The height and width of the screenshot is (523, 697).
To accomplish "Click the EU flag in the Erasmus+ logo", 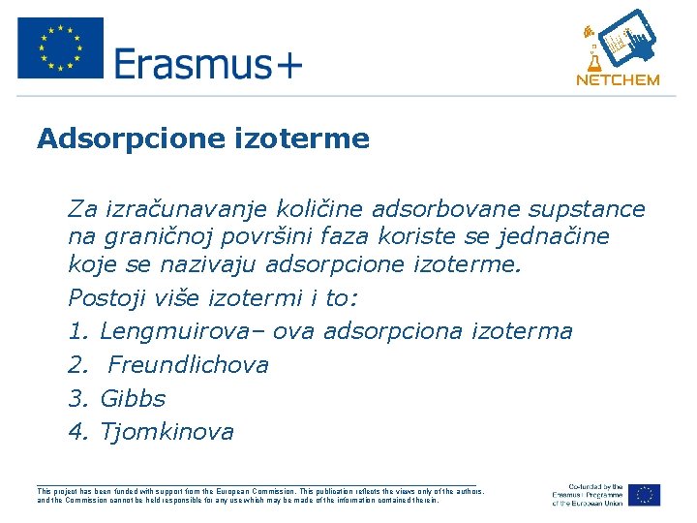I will pos(60,47).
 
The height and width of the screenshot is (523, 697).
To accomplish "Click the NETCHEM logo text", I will pos(617,80).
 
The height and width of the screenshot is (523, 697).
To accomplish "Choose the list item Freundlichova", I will pos(188,365).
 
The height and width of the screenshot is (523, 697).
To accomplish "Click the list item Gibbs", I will pos(133,399).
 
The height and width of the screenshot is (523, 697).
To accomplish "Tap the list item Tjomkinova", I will pos(167,432).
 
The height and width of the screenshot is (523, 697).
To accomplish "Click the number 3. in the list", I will pos(79,399).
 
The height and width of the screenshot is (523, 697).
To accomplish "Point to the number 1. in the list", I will pos(79,331).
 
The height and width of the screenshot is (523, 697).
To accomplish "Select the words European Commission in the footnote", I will pos(258,491).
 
